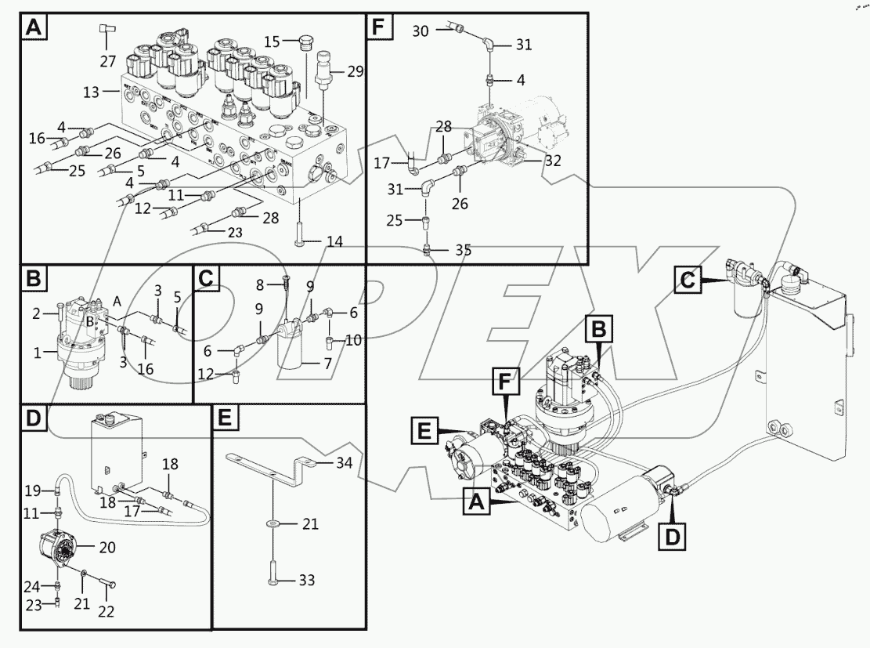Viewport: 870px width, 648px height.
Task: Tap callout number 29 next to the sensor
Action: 356,71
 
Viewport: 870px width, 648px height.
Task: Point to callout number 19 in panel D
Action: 31,491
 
